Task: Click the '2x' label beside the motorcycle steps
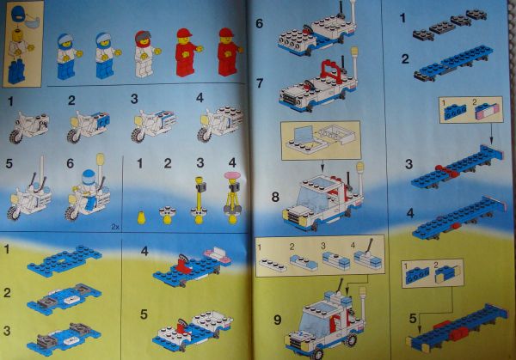115,227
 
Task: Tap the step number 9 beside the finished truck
278,320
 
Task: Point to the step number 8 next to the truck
275,197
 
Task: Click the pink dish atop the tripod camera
233,175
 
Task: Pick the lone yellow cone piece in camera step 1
141,217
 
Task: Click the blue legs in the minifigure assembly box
16,71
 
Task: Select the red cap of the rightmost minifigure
226,32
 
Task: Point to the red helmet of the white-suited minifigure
143,39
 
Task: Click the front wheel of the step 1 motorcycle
15,137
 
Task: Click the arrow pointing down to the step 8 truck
322,167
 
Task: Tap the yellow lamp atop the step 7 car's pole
354,52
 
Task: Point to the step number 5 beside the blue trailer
413,318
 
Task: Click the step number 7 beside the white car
260,83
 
